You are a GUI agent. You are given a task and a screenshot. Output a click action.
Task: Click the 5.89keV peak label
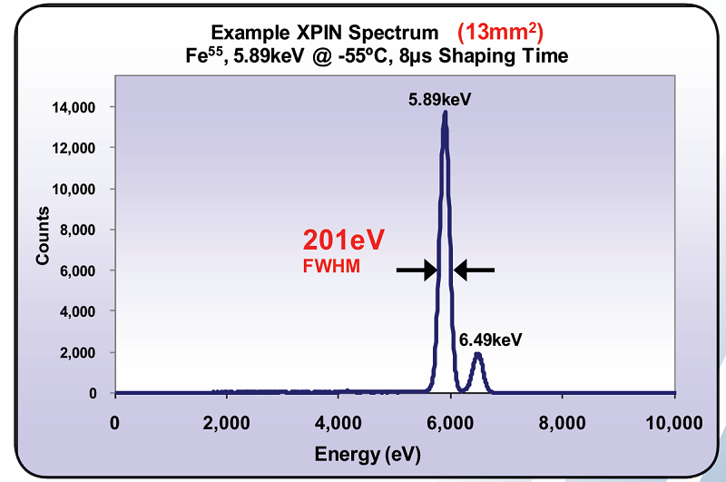440,98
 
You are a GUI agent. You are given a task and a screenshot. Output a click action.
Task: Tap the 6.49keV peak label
491,339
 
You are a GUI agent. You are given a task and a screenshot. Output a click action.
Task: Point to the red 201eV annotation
344,241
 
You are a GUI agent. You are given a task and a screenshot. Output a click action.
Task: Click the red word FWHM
330,267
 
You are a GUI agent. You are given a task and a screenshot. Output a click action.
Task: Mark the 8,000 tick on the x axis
563,423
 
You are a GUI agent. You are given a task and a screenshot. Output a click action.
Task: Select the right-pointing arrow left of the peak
417,269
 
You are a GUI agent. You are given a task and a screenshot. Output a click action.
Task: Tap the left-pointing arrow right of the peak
475,269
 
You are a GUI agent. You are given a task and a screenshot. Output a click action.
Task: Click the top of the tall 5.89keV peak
445,113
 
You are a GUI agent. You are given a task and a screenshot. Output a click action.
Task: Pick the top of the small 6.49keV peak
477,354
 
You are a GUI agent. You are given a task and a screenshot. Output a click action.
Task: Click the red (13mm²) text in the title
500,33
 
